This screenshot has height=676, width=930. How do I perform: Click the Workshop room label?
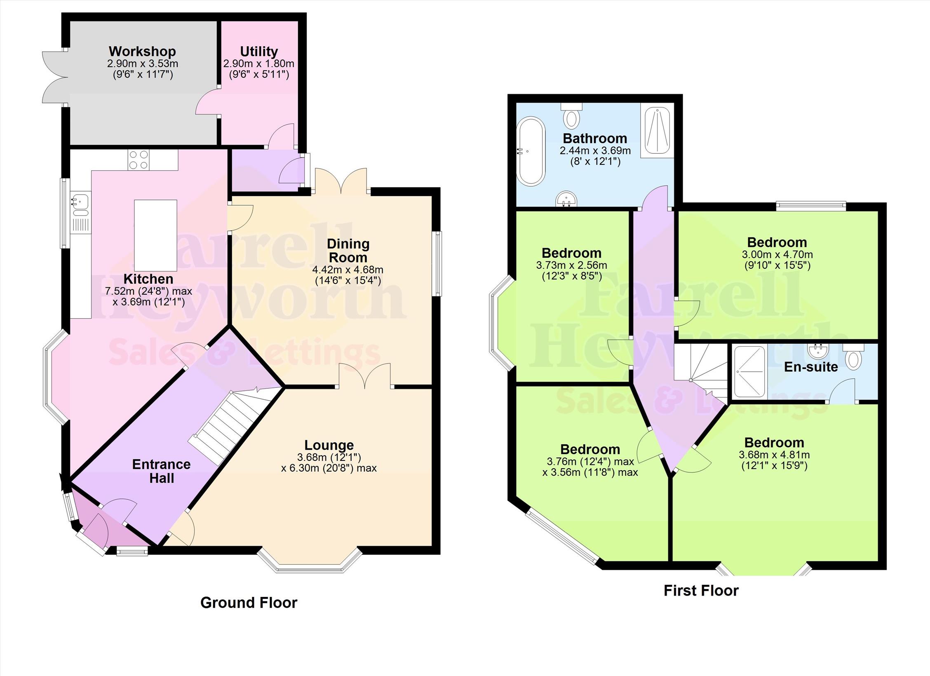[x=142, y=52]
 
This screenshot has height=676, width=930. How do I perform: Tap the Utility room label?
[x=259, y=52]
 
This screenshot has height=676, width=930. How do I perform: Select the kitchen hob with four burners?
[x=139, y=160]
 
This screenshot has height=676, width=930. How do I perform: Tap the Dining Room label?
[x=348, y=251]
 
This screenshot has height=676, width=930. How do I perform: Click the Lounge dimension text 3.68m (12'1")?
[x=329, y=457]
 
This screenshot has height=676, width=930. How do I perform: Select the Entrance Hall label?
[x=162, y=471]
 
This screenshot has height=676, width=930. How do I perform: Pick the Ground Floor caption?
[x=249, y=603]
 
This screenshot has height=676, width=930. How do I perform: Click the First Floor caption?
[x=701, y=591]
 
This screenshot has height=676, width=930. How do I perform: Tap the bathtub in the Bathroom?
[x=531, y=151]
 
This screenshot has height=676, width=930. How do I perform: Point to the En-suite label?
[x=811, y=367]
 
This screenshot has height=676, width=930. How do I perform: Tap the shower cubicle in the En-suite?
[x=750, y=372]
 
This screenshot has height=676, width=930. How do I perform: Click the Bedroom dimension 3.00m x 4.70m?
[x=777, y=254]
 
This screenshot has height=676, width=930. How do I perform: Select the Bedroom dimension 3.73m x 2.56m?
[x=571, y=265]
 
